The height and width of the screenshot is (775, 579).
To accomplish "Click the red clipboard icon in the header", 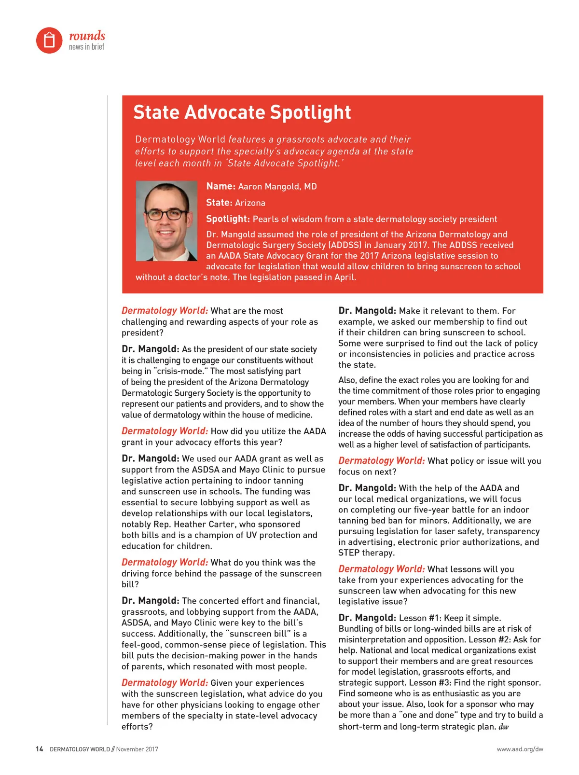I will click(49, 40).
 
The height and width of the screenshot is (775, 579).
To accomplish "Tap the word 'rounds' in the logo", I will click(87, 36).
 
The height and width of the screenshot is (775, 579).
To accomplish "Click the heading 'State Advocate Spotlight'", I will click(242, 112).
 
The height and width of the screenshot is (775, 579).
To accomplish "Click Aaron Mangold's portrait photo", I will click(166, 221).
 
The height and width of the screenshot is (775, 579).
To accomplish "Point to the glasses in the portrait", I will click(166, 214).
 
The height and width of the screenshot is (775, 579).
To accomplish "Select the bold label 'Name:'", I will click(221, 186).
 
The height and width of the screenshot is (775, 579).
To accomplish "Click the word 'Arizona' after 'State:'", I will click(250, 203).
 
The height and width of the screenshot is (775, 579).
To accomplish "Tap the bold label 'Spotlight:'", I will click(228, 219).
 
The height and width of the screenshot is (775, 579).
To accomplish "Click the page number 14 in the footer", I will click(39, 749).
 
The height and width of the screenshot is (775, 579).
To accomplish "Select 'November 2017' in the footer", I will click(137, 749).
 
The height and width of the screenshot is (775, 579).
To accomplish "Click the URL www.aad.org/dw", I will click(520, 749).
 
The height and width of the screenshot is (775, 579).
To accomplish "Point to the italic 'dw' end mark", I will click(503, 727).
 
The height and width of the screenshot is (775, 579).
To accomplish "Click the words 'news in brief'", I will click(86, 47).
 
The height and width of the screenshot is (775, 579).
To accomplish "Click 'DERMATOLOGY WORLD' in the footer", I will click(80, 749).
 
